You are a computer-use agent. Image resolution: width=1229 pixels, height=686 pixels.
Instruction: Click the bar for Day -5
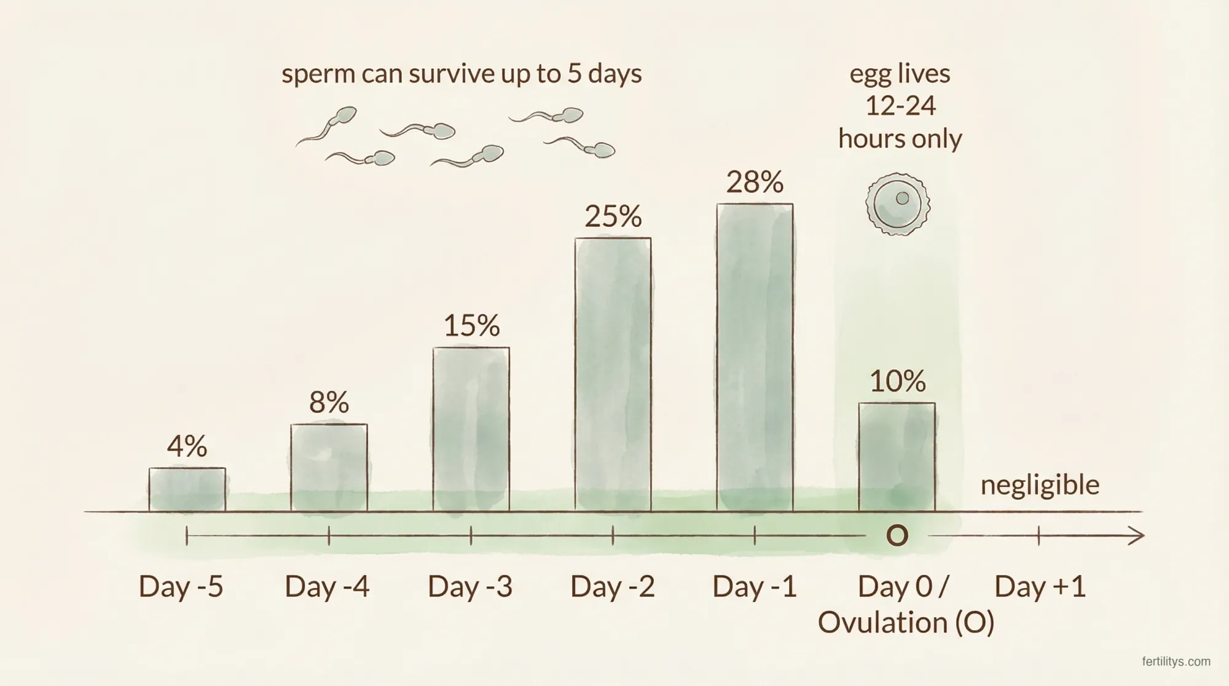[x=187, y=489]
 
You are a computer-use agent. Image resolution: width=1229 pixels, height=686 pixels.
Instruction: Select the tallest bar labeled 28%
[x=755, y=357]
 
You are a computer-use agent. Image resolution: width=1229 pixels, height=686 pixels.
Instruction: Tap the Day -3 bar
[x=471, y=429]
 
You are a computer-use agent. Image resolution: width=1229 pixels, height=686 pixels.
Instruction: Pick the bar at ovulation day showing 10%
[x=897, y=457]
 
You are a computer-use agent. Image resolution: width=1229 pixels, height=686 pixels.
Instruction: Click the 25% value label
[x=613, y=216]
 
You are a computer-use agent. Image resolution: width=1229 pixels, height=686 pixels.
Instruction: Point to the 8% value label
[x=329, y=403]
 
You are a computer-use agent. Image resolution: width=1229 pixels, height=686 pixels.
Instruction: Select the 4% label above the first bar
[x=187, y=446]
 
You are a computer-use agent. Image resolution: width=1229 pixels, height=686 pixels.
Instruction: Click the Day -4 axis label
[x=327, y=586]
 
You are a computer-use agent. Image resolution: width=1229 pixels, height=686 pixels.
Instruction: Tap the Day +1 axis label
[x=1040, y=586]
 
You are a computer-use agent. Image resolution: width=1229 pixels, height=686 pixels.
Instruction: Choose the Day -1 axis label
[x=754, y=586]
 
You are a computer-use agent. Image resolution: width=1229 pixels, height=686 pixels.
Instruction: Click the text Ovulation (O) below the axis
[x=906, y=622]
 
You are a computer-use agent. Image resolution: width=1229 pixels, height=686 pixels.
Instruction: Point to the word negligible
[x=1040, y=485]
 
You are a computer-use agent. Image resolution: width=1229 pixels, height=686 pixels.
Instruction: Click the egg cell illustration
[x=897, y=204]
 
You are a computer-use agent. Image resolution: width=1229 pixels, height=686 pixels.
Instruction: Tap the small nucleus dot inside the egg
[x=902, y=198]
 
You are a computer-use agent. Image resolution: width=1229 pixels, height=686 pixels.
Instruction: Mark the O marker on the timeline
[x=897, y=536]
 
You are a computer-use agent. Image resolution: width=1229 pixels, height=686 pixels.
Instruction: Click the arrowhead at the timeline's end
[x=1138, y=536]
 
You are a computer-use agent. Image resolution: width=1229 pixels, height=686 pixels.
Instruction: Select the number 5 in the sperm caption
[x=574, y=74]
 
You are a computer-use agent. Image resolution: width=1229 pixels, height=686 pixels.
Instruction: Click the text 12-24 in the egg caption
[x=900, y=106]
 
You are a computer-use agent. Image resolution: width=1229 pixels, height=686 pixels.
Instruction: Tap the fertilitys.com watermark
[x=1176, y=662]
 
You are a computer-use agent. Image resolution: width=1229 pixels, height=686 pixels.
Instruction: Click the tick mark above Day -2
[x=613, y=536]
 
